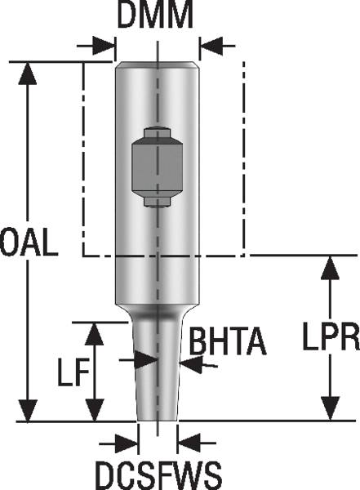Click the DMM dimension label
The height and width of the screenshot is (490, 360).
click(x=156, y=16)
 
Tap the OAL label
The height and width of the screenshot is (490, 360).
click(x=29, y=243)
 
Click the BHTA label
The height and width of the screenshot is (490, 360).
click(x=228, y=342)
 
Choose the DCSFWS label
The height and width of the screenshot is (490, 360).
click(x=158, y=473)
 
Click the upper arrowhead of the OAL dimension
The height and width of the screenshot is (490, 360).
click(x=29, y=72)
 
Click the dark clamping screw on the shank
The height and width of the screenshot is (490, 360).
click(x=156, y=166)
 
